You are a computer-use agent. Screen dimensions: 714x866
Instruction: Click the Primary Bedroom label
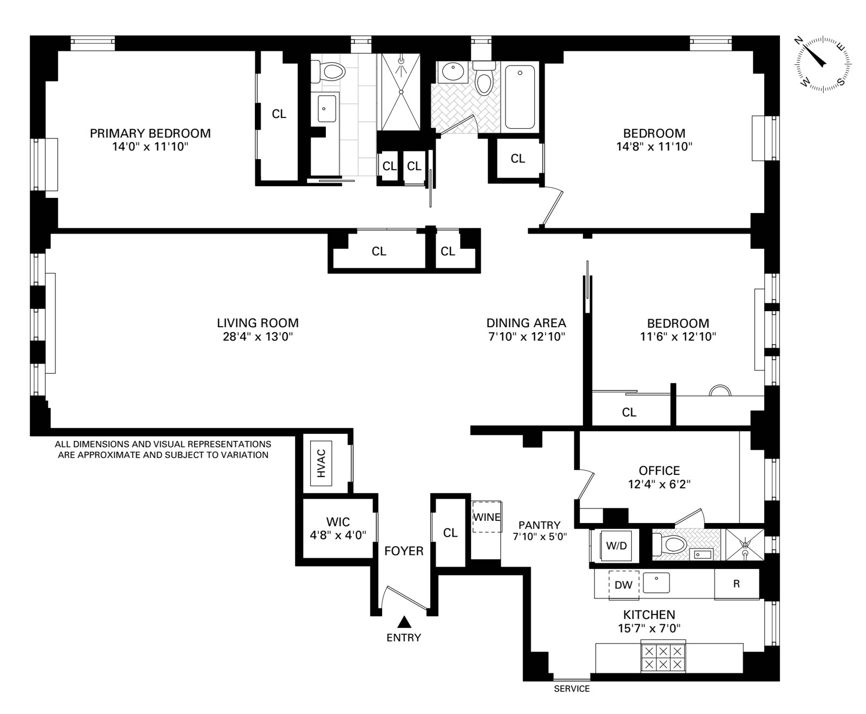(150, 133)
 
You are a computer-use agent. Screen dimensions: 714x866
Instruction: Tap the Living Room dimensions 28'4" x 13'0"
(258, 337)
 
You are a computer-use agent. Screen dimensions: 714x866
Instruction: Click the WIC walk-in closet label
(338, 522)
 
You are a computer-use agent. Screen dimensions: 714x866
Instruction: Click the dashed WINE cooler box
(487, 517)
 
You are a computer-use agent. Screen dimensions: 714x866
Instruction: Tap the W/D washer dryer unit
(616, 546)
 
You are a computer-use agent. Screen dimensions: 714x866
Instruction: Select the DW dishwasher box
(624, 585)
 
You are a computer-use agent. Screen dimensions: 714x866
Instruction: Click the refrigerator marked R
(736, 584)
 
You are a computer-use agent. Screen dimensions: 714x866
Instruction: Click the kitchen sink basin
(657, 583)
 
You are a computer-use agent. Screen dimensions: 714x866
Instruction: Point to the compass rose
(822, 63)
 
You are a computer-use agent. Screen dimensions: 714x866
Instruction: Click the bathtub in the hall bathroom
(520, 96)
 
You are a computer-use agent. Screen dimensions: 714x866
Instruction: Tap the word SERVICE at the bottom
(572, 689)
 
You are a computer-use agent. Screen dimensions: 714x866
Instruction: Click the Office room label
(659, 470)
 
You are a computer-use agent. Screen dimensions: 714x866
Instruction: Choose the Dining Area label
(526, 323)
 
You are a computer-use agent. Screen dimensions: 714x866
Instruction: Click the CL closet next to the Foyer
(450, 533)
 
